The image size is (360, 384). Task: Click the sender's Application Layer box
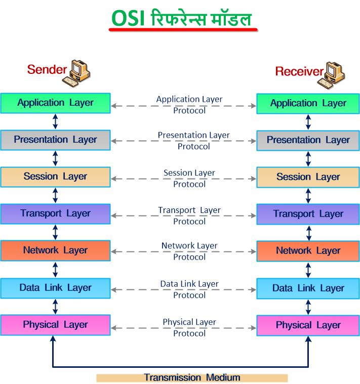click(x=55, y=103)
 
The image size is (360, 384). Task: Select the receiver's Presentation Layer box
click(x=308, y=140)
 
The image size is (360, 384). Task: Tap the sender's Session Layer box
click(x=55, y=177)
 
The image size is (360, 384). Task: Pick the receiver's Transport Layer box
click(x=308, y=215)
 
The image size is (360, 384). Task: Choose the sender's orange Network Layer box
click(x=55, y=251)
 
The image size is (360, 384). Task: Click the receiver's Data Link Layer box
click(x=308, y=288)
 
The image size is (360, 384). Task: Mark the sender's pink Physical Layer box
click(x=55, y=325)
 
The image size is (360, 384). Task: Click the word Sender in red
click(x=47, y=69)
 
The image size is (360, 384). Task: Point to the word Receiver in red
click(x=299, y=71)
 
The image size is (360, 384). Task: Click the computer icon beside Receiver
click(x=331, y=75)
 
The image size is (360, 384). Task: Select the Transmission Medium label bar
click(x=192, y=378)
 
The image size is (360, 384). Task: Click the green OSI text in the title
click(x=128, y=18)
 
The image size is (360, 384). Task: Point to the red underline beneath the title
click(x=183, y=30)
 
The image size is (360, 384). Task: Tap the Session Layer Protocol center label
click(x=189, y=178)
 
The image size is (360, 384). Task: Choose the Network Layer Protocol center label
click(x=189, y=251)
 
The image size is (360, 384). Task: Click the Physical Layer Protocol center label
click(x=189, y=327)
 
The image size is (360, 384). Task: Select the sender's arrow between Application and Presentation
click(x=55, y=122)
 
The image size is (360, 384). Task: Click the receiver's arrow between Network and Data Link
click(x=308, y=270)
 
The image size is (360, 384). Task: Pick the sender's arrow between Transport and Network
click(x=55, y=232)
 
